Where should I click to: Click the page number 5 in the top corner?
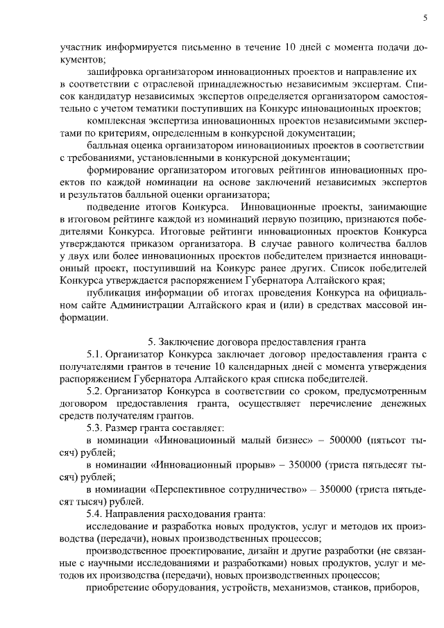pos(423,19)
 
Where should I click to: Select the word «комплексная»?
pos(116,121)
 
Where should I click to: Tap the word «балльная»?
pos(108,145)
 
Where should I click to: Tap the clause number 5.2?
pos(94,391)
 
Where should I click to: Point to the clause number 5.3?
pos(94,427)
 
